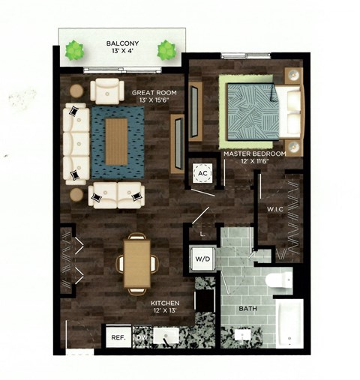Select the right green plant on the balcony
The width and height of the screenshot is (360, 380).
coord(166,51)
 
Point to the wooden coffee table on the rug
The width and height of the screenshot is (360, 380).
coord(115,141)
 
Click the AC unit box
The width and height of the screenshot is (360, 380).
coord(202,172)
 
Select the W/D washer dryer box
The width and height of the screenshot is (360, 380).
coord(203,260)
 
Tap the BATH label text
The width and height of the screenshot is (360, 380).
coord(248,308)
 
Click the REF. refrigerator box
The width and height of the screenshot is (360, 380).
coord(118,338)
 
